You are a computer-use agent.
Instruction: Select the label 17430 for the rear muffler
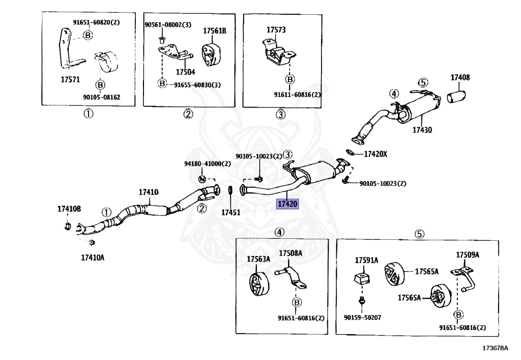tap(422, 130)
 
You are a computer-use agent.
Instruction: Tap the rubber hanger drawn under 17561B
tap(210, 54)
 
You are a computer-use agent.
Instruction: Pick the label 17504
tap(185, 72)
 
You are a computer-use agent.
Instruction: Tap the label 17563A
tap(258, 259)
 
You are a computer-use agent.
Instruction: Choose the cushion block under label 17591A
tap(362, 279)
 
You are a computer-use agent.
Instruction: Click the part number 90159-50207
tap(362, 317)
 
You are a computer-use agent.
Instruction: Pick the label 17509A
tap(468, 255)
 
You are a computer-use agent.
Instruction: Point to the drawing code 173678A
tap(496, 348)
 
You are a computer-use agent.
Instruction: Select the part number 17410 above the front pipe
tap(149, 192)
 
